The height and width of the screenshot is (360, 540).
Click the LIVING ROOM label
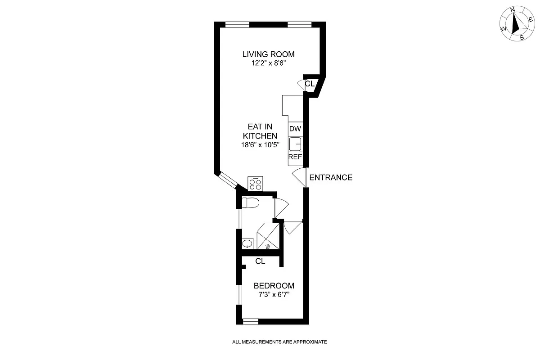point(268,54)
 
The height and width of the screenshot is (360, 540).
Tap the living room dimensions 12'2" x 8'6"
point(268,64)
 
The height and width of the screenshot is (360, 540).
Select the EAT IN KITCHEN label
point(260,131)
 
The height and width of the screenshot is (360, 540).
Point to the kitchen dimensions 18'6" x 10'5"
point(260,145)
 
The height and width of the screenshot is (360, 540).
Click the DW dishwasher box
point(295,129)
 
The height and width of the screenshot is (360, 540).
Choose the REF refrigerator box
point(295,157)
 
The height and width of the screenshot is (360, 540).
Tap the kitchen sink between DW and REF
point(295,144)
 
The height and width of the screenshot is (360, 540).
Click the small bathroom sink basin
point(247,244)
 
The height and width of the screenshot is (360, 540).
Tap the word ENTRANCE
point(331,177)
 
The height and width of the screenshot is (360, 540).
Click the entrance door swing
point(299,177)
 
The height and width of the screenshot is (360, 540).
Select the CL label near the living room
point(310,84)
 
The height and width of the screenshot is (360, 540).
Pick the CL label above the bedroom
point(260,261)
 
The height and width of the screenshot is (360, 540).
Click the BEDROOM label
point(274,286)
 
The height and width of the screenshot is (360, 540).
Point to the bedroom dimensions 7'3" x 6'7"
point(274,295)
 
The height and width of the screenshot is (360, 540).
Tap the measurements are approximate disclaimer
point(279,342)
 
